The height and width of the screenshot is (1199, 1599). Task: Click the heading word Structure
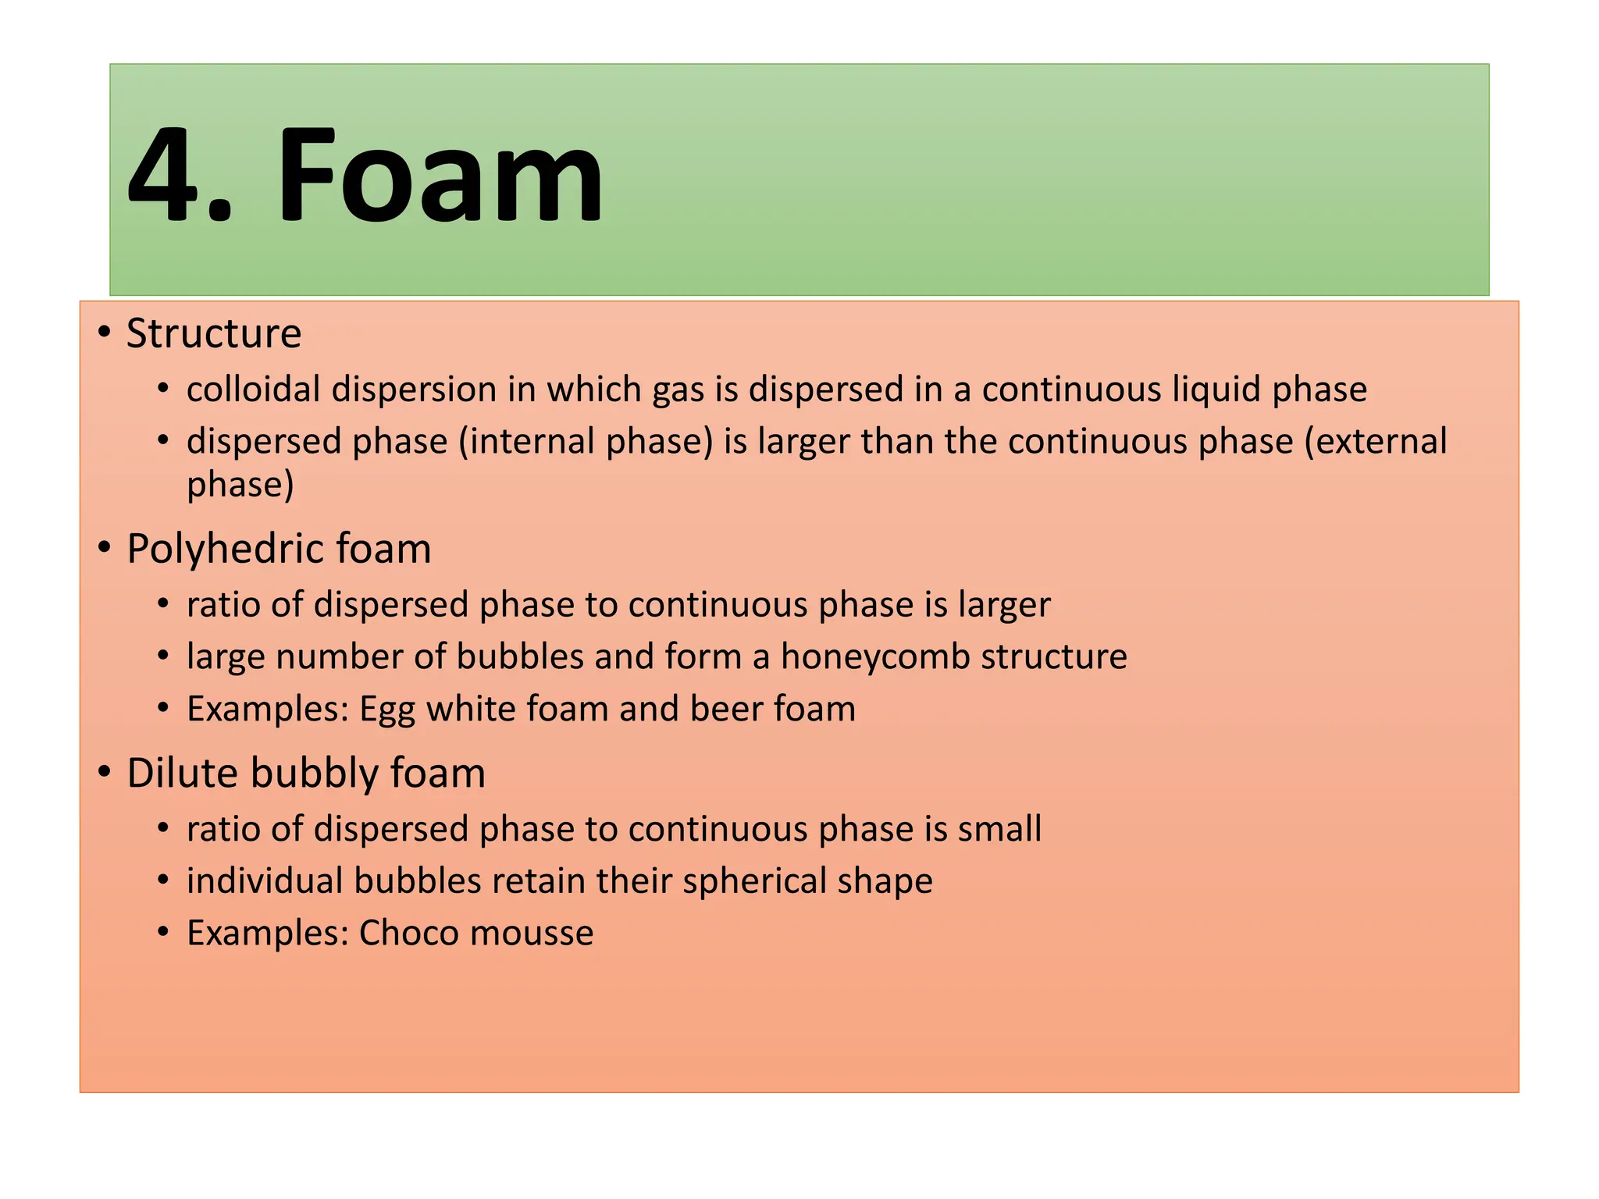[214, 334]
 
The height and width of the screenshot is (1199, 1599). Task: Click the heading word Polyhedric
[225, 550]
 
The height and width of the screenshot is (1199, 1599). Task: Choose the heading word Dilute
[182, 774]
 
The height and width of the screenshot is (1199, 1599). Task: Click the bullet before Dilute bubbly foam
[105, 773]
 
